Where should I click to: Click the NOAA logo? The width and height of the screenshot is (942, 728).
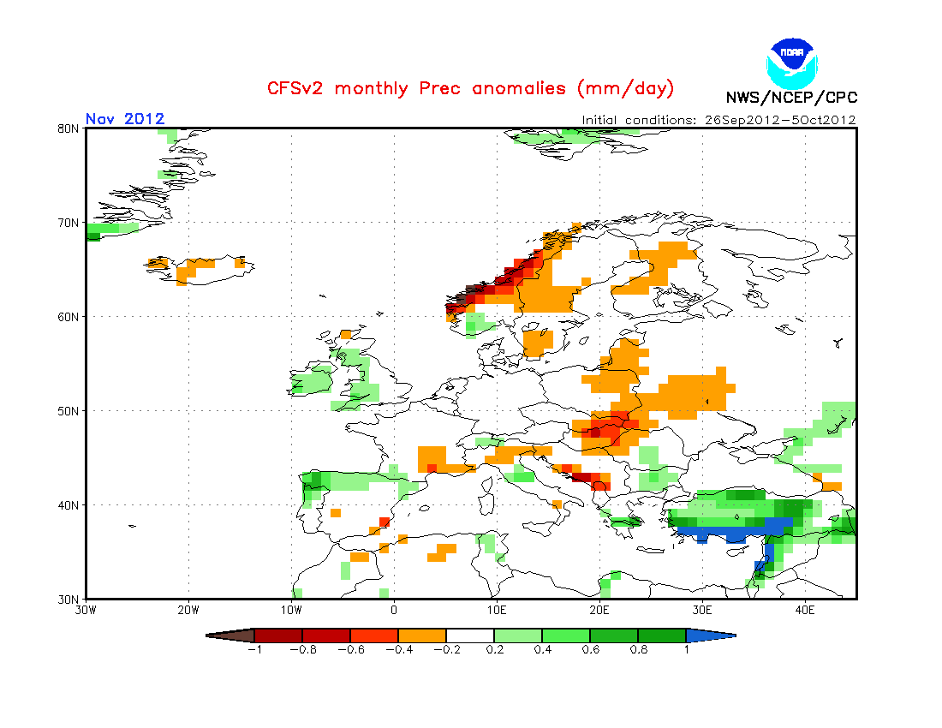(793, 62)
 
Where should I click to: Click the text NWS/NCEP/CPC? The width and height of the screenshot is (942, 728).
(791, 98)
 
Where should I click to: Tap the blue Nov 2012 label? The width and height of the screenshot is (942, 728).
(125, 119)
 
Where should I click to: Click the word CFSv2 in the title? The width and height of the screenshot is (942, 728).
(297, 88)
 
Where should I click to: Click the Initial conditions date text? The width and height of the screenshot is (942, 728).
(718, 120)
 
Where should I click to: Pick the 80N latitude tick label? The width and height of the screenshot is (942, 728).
(69, 128)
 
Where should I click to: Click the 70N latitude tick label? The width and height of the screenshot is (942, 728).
(69, 223)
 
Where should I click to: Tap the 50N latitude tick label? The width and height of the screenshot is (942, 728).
(69, 411)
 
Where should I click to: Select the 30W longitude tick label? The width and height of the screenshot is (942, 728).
(86, 610)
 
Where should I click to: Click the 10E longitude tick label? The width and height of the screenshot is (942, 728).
(497, 610)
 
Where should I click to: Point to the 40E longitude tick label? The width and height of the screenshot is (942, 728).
(805, 610)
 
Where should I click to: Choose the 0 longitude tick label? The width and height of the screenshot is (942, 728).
(394, 610)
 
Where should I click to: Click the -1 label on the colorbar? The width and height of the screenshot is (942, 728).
(253, 649)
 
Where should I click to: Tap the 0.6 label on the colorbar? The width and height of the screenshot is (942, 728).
(589, 649)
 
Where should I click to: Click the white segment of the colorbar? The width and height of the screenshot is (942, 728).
(469, 636)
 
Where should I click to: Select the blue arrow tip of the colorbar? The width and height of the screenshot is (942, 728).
(711, 636)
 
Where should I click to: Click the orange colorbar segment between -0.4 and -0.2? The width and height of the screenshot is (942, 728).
(421, 636)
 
